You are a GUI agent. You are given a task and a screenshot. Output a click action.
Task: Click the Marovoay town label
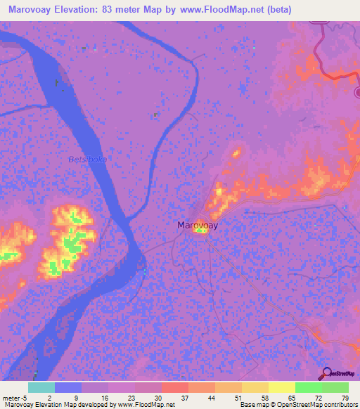197,226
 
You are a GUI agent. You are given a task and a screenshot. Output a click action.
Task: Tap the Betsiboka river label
87,160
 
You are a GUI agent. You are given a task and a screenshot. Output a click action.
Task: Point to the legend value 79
345,397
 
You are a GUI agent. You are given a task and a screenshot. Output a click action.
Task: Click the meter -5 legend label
15,397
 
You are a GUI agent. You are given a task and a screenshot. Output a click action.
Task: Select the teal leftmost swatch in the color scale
41,387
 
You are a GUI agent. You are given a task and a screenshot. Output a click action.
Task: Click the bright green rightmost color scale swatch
335,387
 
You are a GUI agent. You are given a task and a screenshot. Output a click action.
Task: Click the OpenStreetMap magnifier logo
326,373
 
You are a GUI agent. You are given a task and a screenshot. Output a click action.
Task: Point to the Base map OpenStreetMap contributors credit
298,405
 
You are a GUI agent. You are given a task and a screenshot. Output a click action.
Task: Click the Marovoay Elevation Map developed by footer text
88,405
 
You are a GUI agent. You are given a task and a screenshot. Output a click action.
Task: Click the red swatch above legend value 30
174,387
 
